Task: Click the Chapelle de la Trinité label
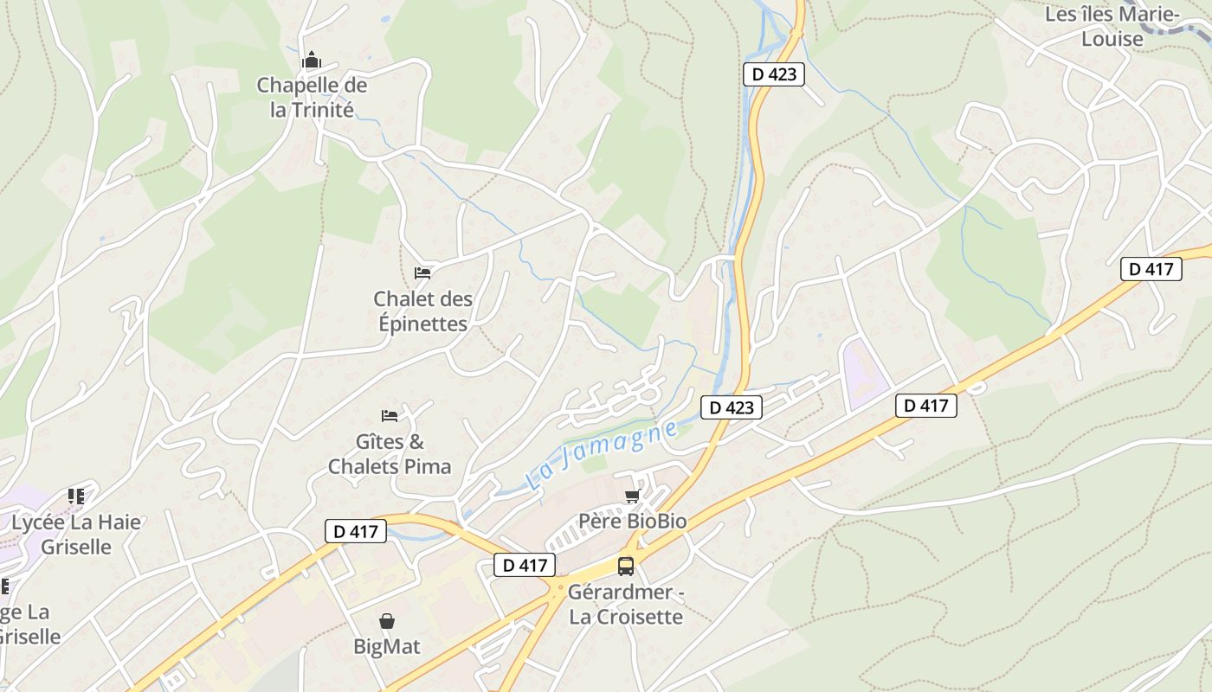pyautogui.click(x=312, y=98)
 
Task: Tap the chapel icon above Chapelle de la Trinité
pyautogui.click(x=312, y=61)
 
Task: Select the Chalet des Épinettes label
pyautogui.click(x=423, y=311)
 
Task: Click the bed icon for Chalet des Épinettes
pyautogui.click(x=422, y=273)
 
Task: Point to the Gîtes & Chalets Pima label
pyautogui.click(x=390, y=454)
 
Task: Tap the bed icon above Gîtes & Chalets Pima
pyautogui.click(x=390, y=416)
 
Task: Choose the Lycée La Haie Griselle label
pyautogui.click(x=76, y=535)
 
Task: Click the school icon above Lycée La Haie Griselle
pyautogui.click(x=76, y=497)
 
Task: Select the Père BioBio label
pyautogui.click(x=632, y=521)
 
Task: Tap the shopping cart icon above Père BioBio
pyautogui.click(x=632, y=496)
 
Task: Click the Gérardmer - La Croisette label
pyautogui.click(x=625, y=605)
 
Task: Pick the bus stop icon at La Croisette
pyautogui.click(x=625, y=567)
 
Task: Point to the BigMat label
pyautogui.click(x=386, y=646)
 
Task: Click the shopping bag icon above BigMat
pyautogui.click(x=386, y=621)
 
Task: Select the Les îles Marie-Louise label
pyautogui.click(x=1112, y=27)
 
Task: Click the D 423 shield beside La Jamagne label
pyautogui.click(x=732, y=407)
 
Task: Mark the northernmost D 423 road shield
pyautogui.click(x=774, y=74)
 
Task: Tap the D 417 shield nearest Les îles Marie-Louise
pyautogui.click(x=1151, y=269)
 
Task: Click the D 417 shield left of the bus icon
pyautogui.click(x=525, y=566)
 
